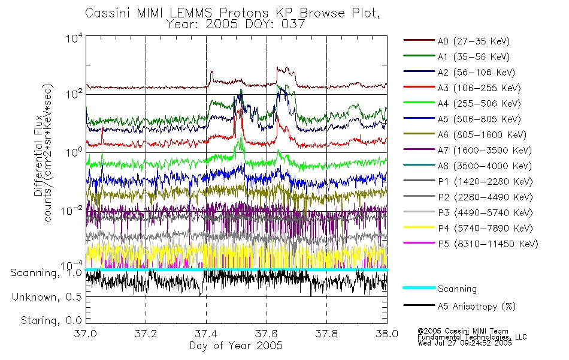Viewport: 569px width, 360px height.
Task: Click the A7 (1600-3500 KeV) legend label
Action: pyautogui.click(x=485, y=151)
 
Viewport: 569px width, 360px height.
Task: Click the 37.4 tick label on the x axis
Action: pyautogui.click(x=207, y=334)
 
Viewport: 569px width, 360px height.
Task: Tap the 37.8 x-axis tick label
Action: pyautogui.click(x=326, y=334)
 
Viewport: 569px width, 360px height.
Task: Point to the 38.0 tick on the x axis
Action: pyautogui.click(x=387, y=334)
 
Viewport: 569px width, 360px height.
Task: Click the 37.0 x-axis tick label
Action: pyautogui.click(x=86, y=334)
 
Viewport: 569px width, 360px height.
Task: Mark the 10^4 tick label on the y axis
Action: pyautogui.click(x=74, y=37)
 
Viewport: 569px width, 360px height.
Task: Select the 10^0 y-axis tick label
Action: pyautogui.click(x=74, y=152)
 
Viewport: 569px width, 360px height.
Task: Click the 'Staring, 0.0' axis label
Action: pyautogui.click(x=51, y=320)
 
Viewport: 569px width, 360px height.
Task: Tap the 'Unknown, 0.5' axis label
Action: pyautogui.click(x=47, y=297)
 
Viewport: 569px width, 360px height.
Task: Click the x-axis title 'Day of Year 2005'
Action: pyautogui.click(x=236, y=346)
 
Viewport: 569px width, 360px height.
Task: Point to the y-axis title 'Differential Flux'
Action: pyautogui.click(x=38, y=156)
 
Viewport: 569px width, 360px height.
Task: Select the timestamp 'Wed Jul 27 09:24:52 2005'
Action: pyautogui.click(x=465, y=343)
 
